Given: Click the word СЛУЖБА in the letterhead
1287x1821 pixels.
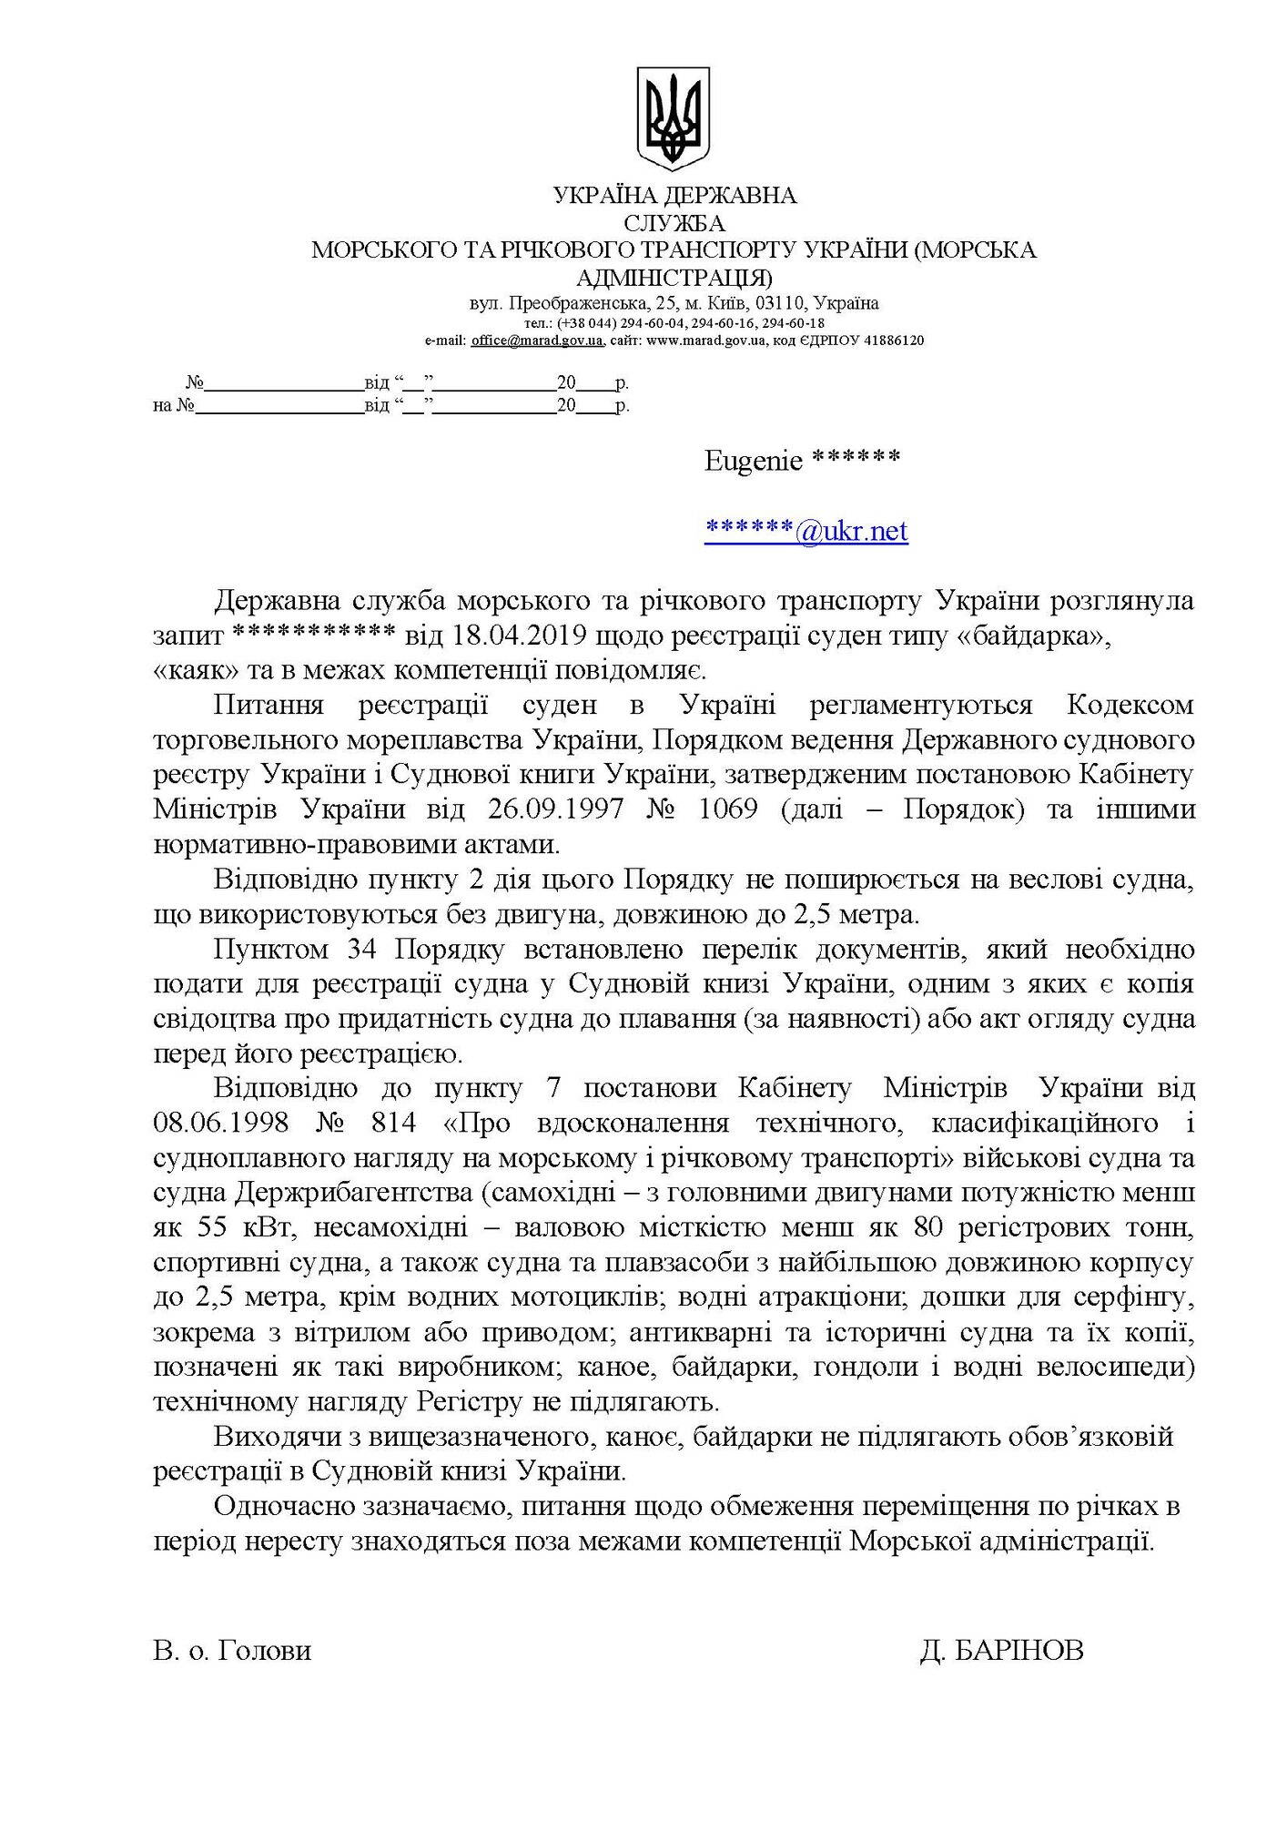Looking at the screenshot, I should coord(674,222).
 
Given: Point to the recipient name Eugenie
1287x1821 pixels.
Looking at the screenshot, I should coord(754,461).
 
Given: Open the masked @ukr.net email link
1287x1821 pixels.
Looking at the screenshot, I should coord(806,531).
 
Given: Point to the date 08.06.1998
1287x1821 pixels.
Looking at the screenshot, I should coord(221,1123).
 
